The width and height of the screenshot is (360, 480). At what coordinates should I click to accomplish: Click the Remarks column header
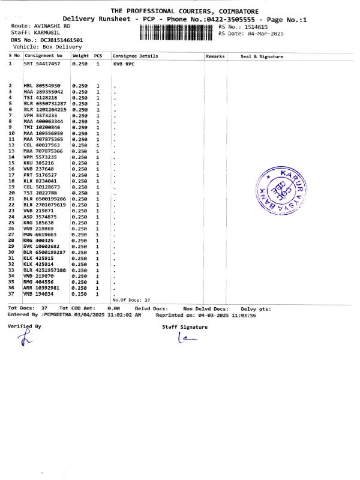[x=215, y=56]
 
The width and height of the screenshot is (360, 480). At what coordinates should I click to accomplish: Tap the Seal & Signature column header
[x=262, y=56]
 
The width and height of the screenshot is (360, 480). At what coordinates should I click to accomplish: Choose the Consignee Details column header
[x=136, y=56]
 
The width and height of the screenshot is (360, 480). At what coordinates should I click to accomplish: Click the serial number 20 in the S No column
[x=11, y=193]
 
